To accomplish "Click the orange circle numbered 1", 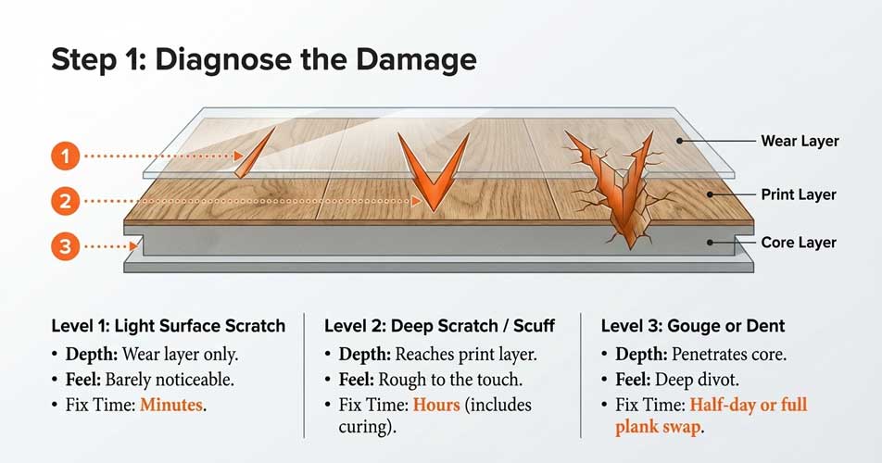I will (65, 156).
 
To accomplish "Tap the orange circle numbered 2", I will (65, 200).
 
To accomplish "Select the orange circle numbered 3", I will (65, 246).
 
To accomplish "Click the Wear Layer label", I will (799, 142).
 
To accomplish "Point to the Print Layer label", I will (798, 194).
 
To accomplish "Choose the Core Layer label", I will (798, 243).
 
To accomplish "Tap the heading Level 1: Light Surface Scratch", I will (168, 326).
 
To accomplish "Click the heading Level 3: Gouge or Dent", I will (692, 326).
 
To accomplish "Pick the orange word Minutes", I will (173, 405).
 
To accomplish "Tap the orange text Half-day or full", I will (747, 405).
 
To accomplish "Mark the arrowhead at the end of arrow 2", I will (417, 200).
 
